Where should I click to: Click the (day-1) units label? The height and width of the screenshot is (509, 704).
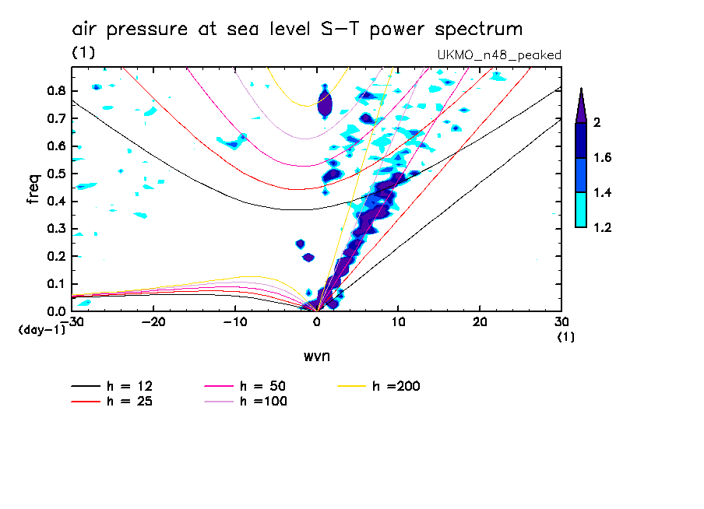pyautogui.click(x=42, y=330)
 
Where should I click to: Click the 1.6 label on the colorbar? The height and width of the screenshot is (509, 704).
pyautogui.click(x=603, y=158)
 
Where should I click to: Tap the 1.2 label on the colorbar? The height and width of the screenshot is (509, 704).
pyautogui.click(x=603, y=228)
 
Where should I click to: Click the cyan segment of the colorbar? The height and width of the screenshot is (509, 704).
pyautogui.click(x=581, y=209)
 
